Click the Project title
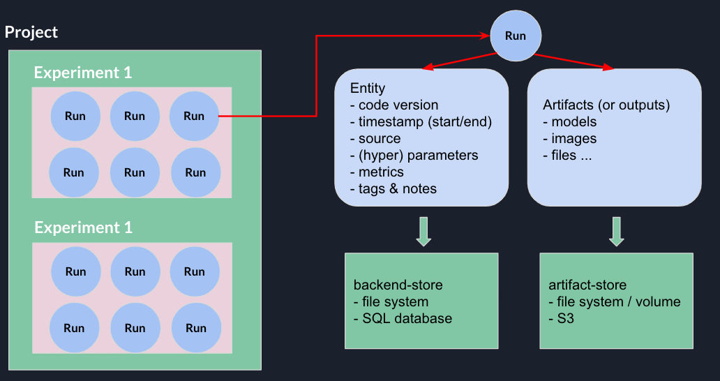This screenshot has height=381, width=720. pos(31,32)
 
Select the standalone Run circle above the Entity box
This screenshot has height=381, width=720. pos(516,35)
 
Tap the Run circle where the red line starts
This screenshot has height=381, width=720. pos(194,117)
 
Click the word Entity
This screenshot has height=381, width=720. pos(368,88)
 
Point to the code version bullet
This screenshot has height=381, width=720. pos(394,105)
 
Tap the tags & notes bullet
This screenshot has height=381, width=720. pos(393,188)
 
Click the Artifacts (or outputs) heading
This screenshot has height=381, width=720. pos(606,105)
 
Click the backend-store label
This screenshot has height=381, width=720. pos(398,285)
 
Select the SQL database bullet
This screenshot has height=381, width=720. pos(403,318)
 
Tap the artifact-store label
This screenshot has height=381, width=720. pos(587,285)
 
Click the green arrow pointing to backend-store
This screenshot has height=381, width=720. pos(423,232)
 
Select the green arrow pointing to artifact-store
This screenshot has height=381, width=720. pos(616,232)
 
